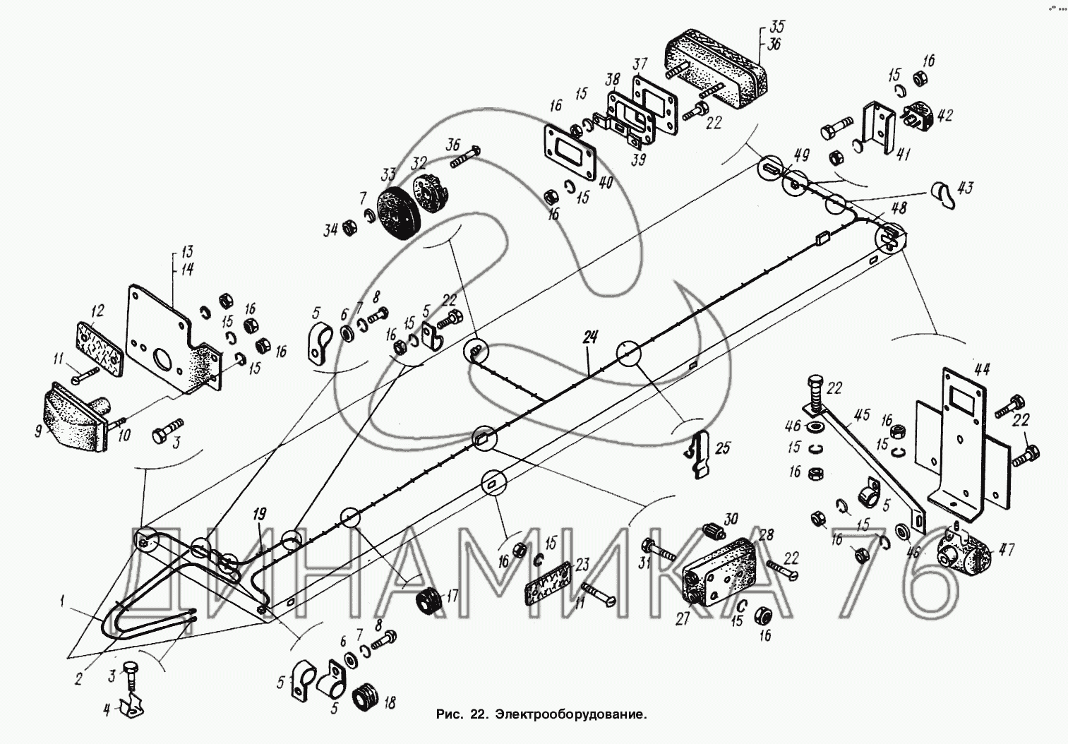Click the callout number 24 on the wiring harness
(x=589, y=337)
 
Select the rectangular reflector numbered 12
(x=98, y=343)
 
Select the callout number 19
(x=259, y=513)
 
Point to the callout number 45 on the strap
(x=863, y=414)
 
